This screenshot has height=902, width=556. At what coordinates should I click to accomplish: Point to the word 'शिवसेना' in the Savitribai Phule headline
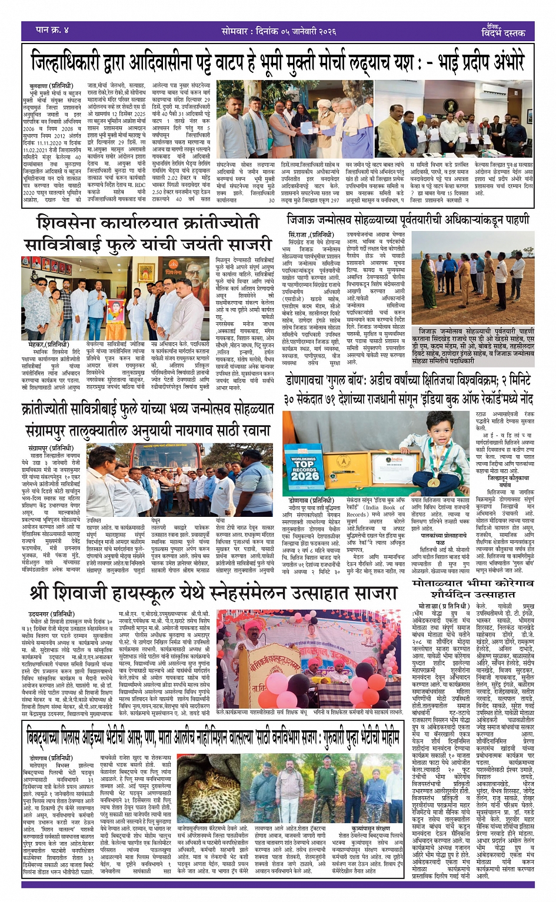(82, 224)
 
